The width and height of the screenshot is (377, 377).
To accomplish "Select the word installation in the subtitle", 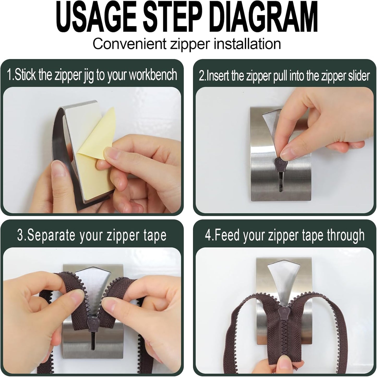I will click(x=247, y=44).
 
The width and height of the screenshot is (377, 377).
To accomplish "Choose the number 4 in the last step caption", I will click(x=208, y=235).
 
